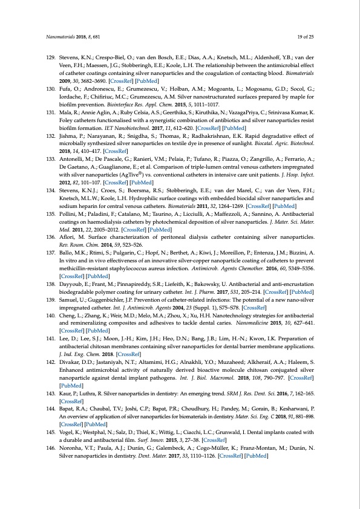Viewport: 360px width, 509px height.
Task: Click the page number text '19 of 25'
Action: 304,37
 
